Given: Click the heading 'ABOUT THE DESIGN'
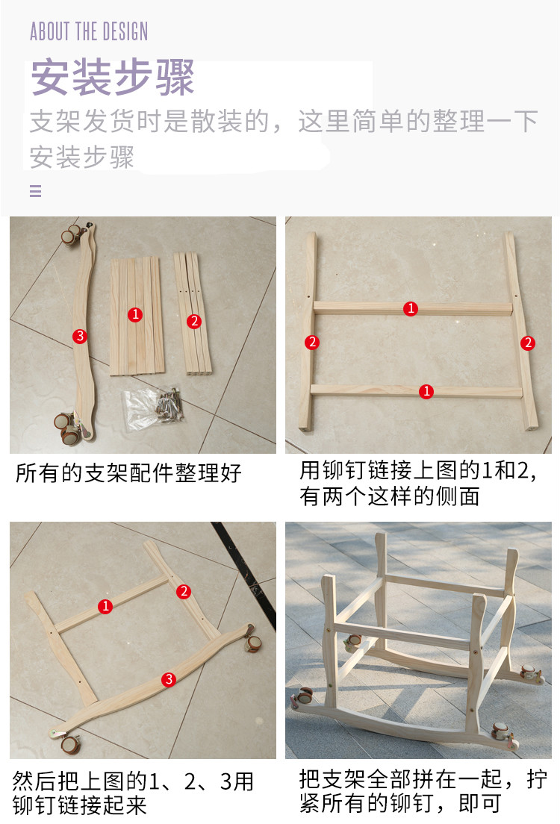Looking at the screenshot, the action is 89,31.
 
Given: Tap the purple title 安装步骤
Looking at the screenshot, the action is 113,78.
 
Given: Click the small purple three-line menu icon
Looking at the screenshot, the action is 35,191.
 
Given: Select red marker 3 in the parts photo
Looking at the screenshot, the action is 80,336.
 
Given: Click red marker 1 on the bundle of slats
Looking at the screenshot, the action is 135,314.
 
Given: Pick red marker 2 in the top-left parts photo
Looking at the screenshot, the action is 194,321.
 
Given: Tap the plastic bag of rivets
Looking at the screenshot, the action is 152,408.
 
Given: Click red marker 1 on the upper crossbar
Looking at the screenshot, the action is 411,308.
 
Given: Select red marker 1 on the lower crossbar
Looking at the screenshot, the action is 426,391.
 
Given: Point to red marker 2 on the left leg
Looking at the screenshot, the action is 312,342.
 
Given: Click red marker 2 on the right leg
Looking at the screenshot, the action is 527,343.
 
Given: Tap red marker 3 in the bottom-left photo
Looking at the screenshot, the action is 168,679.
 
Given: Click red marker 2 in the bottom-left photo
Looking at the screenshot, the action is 184,591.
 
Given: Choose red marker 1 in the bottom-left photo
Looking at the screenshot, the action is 105,606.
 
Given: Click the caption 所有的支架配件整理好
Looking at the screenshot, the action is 128,473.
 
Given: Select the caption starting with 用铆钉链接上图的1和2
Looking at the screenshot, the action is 419,483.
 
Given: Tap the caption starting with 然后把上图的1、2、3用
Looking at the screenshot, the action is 133,793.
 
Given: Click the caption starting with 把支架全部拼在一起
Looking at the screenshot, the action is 423,791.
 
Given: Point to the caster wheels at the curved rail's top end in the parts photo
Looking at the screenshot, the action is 72,234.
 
